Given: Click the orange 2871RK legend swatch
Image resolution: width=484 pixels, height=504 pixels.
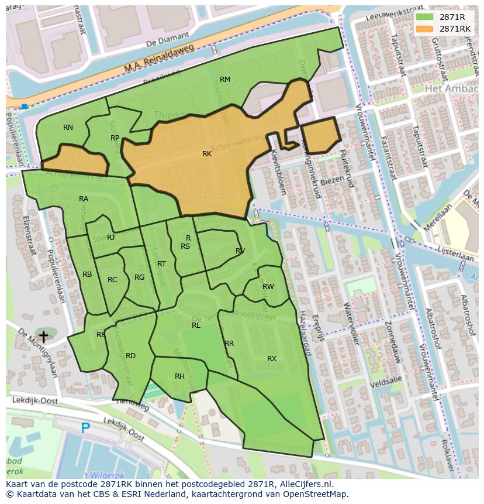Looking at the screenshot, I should [x=424, y=28].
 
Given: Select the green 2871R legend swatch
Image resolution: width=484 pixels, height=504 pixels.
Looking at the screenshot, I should [x=424, y=17].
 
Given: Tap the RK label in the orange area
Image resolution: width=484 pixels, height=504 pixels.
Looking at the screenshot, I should [x=207, y=154].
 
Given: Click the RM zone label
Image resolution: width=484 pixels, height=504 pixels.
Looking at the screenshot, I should [x=225, y=80].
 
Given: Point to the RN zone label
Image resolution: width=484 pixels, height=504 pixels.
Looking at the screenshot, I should [x=68, y=128].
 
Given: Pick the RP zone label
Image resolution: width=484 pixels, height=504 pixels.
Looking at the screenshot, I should [x=115, y=138].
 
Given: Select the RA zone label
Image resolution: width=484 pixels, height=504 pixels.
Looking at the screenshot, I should [x=84, y=199].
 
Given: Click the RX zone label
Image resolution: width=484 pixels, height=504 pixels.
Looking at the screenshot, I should [x=272, y=358].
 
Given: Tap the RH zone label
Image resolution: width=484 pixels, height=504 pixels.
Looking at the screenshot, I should [x=179, y=376].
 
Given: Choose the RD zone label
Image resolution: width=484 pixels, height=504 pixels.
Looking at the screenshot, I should [x=130, y=356].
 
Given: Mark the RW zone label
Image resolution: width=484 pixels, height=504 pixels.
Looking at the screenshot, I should [x=268, y=287].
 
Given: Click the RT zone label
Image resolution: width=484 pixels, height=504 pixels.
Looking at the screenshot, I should [x=161, y=264].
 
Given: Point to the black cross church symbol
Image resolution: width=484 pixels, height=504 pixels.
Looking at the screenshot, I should [x=43, y=337].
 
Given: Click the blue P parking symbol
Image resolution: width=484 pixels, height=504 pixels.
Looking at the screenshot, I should [x=85, y=428].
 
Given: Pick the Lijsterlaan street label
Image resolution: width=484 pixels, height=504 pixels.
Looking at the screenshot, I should [x=458, y=257].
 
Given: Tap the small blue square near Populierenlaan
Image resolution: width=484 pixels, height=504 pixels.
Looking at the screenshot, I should [x=24, y=106].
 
